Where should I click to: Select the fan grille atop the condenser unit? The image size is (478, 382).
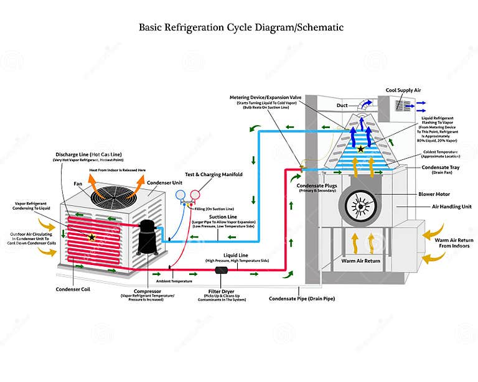[114, 196]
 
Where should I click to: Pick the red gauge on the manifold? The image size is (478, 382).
[196, 195]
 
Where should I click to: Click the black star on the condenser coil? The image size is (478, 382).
[92, 237]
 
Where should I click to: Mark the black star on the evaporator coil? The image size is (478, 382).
[360, 149]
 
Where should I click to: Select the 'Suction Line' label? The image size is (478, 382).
[222, 217]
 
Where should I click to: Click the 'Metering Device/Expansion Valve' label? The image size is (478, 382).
[266, 98]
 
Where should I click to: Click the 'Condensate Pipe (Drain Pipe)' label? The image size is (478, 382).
[302, 299]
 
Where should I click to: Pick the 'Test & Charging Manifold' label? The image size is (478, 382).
[214, 175]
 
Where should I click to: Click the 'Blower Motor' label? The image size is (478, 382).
[434, 193]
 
